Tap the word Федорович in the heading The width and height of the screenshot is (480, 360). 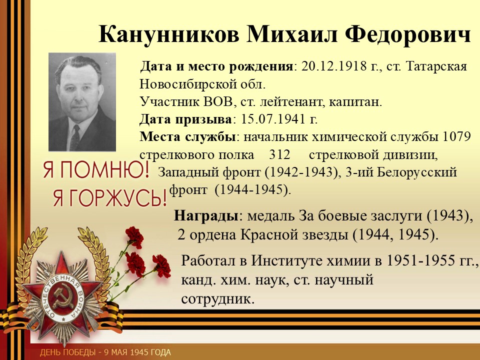(x=407, y=33)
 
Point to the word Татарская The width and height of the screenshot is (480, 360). (x=436, y=66)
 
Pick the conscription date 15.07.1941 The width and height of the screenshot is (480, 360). (x=274, y=119)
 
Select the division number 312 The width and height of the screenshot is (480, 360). (x=279, y=154)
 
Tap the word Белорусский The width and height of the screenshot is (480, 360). (x=416, y=172)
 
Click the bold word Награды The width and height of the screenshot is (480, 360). (x=206, y=216)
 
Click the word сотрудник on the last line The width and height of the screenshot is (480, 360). (x=217, y=299)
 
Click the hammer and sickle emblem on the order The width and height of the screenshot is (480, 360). (x=63, y=295)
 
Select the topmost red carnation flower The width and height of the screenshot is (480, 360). (x=134, y=237)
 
